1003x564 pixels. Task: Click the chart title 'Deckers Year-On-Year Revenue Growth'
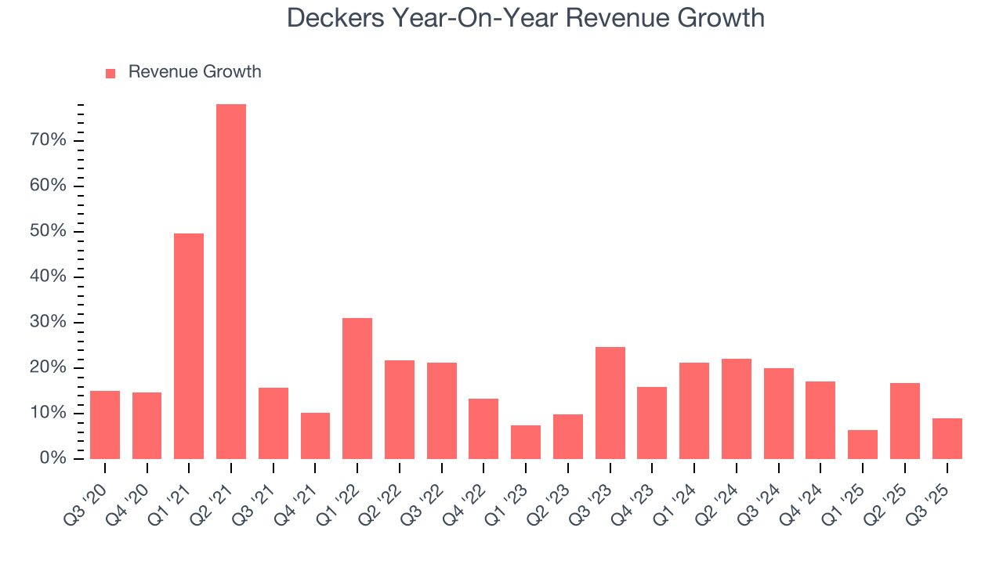[x=525, y=17]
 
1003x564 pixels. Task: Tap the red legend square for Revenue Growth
[x=110, y=73]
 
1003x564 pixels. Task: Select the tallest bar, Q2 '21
[x=231, y=281]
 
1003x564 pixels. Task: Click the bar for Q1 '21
[x=189, y=345]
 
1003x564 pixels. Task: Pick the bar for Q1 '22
[x=357, y=388]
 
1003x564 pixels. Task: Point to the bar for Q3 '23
[x=610, y=403]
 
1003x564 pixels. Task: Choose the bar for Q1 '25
[x=863, y=444]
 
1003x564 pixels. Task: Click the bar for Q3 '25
[x=947, y=439]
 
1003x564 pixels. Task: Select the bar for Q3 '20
[x=105, y=425]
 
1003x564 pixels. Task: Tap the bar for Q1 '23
[x=526, y=442]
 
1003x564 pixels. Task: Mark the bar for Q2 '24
[x=737, y=408]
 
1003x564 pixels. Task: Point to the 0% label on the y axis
[x=53, y=458]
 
